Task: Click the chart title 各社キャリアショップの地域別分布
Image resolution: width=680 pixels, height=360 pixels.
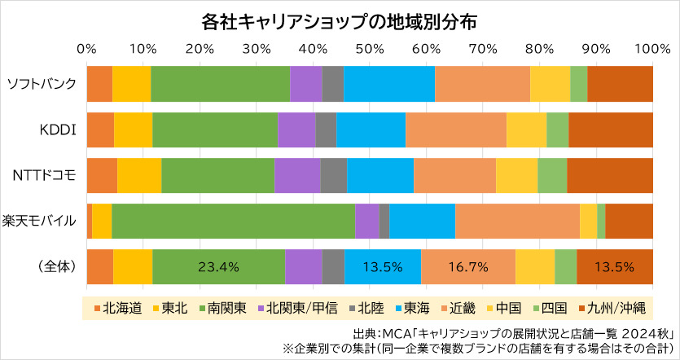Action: coord(339,20)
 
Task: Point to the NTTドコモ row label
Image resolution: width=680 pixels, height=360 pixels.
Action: coord(45,174)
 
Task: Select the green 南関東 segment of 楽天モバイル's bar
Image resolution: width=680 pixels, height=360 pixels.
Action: coord(233,220)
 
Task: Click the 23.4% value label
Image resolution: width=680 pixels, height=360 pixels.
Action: coord(218,266)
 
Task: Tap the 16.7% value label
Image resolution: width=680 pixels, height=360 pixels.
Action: coord(468,266)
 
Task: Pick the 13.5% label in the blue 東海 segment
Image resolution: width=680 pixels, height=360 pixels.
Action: coord(383,266)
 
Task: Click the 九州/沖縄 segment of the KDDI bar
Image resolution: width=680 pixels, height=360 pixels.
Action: coord(611,129)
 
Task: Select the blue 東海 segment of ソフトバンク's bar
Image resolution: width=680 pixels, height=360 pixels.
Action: coord(388,83)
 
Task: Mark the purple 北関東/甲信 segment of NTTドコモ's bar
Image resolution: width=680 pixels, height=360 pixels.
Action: coord(297,174)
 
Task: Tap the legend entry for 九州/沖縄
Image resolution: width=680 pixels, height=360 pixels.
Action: coord(612,308)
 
